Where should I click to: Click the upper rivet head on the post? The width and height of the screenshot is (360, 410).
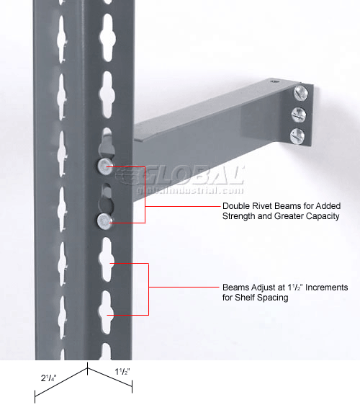(105, 166)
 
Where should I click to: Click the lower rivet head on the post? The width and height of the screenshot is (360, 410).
(104, 220)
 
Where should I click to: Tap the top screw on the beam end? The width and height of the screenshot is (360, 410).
(301, 93)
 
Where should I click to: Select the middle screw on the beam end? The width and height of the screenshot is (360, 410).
(299, 115)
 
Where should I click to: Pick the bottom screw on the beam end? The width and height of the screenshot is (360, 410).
(297, 136)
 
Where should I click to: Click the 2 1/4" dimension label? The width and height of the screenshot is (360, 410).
(48, 378)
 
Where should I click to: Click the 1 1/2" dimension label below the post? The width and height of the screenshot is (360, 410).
(122, 371)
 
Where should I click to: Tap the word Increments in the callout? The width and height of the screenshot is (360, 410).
(327, 288)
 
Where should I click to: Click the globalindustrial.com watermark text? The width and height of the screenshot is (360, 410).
(190, 190)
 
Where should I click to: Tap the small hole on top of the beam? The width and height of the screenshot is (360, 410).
(274, 81)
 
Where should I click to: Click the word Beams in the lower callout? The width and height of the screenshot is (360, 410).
(235, 288)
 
